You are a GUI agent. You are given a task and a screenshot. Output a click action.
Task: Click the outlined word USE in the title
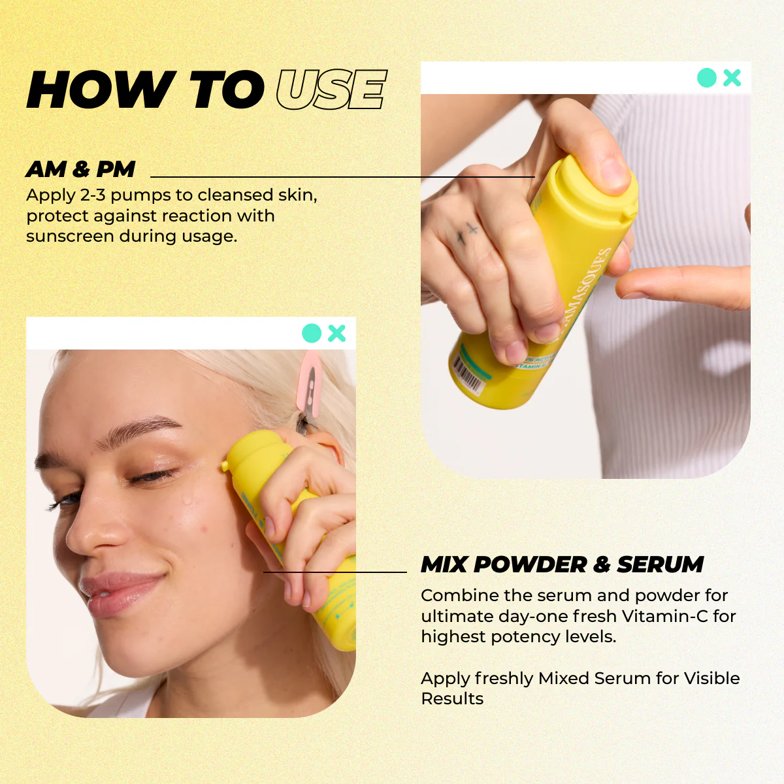(x=331, y=90)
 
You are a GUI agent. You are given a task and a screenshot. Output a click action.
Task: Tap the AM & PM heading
(x=80, y=169)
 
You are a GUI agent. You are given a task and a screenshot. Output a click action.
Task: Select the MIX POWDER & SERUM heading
(x=562, y=564)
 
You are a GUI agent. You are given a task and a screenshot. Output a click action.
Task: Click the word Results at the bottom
(x=452, y=698)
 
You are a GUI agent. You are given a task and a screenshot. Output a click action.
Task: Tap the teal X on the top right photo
(x=732, y=78)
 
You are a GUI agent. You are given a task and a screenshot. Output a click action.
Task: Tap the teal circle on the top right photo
(x=707, y=78)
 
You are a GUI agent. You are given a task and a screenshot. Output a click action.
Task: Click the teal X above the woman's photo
(x=337, y=333)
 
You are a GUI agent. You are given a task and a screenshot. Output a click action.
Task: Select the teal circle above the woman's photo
(x=312, y=333)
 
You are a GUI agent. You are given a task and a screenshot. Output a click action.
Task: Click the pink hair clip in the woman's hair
(x=309, y=382)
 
